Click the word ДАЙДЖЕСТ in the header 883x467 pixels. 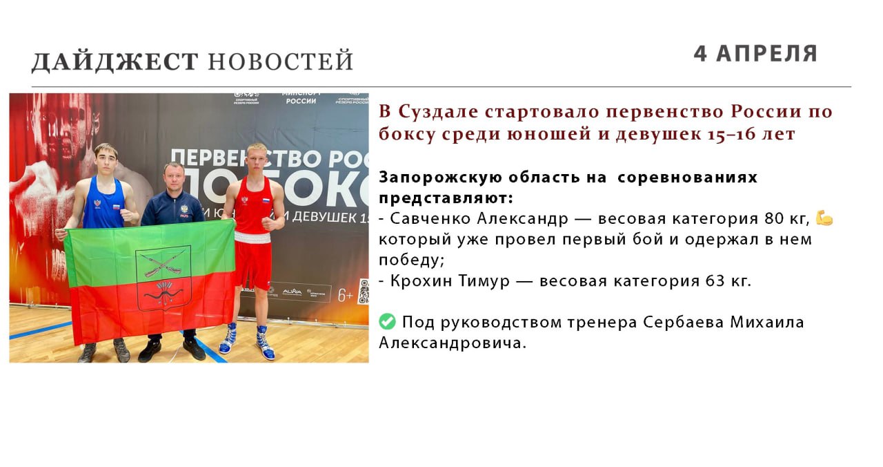[115, 61]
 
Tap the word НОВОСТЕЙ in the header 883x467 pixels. [280, 61]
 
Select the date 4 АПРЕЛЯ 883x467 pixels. [755, 54]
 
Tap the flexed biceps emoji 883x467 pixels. [824, 218]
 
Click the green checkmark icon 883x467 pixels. [387, 321]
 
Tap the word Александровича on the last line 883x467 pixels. [453, 343]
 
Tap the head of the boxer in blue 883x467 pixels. [106, 160]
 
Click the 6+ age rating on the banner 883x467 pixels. [346, 295]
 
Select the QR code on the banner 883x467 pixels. [364, 291]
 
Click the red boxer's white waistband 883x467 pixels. [252, 238]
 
